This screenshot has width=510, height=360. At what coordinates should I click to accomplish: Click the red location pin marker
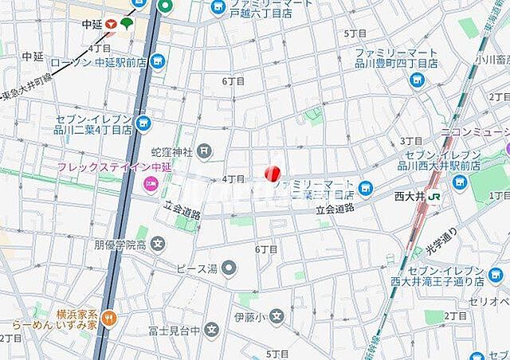[272, 172]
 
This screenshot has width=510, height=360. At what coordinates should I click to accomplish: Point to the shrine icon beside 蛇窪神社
[205, 149]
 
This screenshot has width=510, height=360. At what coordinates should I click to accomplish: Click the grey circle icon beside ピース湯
[229, 267]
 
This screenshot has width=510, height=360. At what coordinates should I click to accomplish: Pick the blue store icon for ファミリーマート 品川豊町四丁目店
[415, 80]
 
